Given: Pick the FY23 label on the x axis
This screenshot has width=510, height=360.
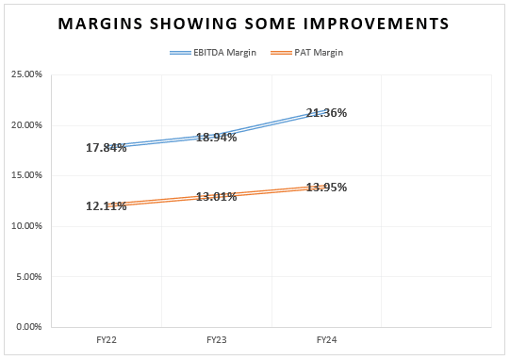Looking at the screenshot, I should click(217, 338).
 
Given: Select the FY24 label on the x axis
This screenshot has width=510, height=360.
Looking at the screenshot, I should click(326, 338).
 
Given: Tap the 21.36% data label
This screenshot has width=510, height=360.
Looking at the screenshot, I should click(326, 112).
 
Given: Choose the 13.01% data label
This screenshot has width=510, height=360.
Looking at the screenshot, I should click(217, 196).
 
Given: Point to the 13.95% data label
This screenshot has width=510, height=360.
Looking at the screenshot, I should click(326, 187).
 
